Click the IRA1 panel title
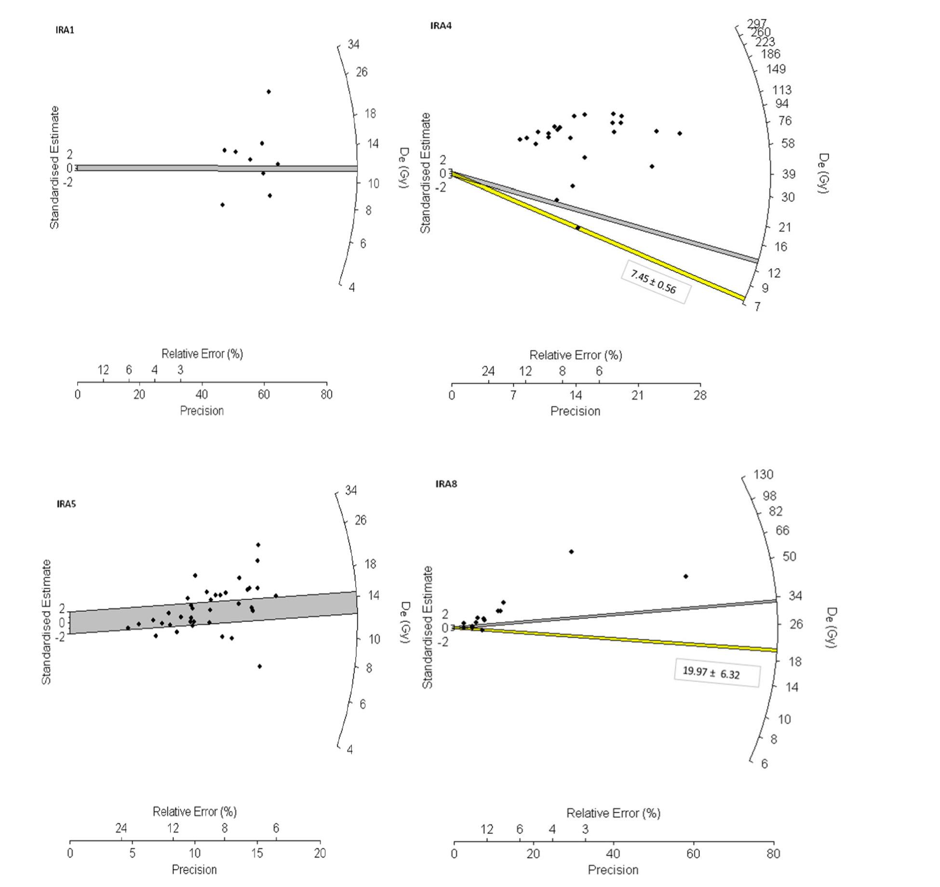point(65,30)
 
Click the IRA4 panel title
point(441,26)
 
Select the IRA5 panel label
point(66,504)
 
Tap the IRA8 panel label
point(446,484)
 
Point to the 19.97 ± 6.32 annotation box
point(716,673)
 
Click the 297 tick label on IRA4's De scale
point(756,24)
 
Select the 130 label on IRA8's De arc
point(764,475)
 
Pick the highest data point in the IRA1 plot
point(269,92)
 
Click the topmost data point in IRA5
point(258,544)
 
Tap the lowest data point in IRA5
point(259,666)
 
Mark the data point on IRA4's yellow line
point(577,227)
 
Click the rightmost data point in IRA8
point(685,576)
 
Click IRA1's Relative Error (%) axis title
point(202,354)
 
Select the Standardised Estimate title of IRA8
point(428,627)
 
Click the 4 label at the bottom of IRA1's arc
point(352,288)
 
